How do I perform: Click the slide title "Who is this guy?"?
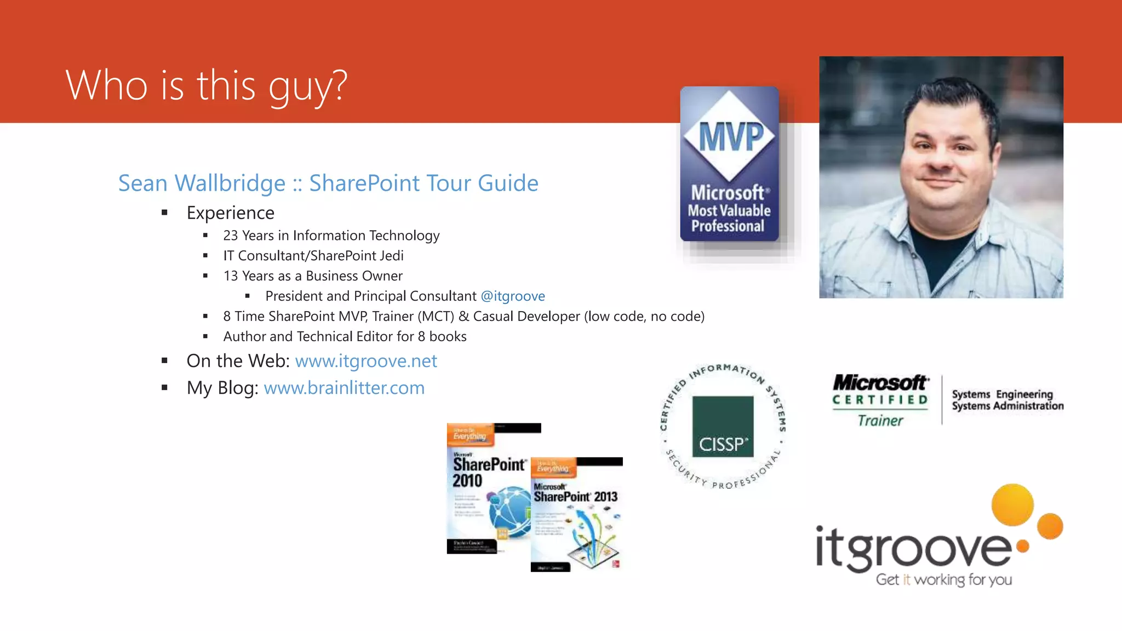(207, 86)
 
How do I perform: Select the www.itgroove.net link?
(366, 361)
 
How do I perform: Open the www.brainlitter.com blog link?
(344, 388)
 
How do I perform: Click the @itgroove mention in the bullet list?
(513, 296)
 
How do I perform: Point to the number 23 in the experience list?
(230, 236)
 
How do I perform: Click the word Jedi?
(391, 256)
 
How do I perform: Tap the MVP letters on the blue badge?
(731, 137)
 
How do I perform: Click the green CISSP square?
(723, 427)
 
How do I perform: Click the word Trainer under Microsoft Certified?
(880, 421)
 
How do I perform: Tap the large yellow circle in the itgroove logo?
(1012, 504)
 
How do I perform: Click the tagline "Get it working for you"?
(943, 580)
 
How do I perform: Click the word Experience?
(230, 213)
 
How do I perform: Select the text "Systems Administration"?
(1007, 406)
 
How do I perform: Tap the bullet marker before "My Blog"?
(164, 388)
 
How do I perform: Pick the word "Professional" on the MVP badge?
(728, 226)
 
